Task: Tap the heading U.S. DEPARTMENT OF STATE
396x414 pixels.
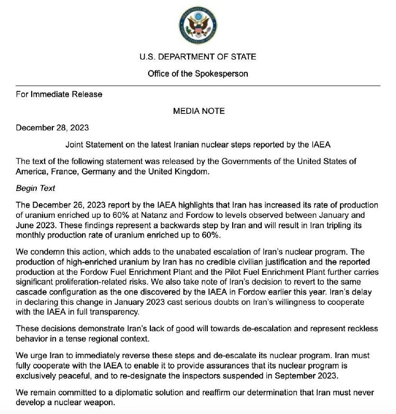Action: [197, 57]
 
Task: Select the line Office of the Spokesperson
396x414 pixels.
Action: [197, 73]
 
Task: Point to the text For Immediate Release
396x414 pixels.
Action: [60, 94]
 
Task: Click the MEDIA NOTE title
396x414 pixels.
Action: [197, 111]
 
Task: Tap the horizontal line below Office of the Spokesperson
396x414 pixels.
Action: [197, 85]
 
